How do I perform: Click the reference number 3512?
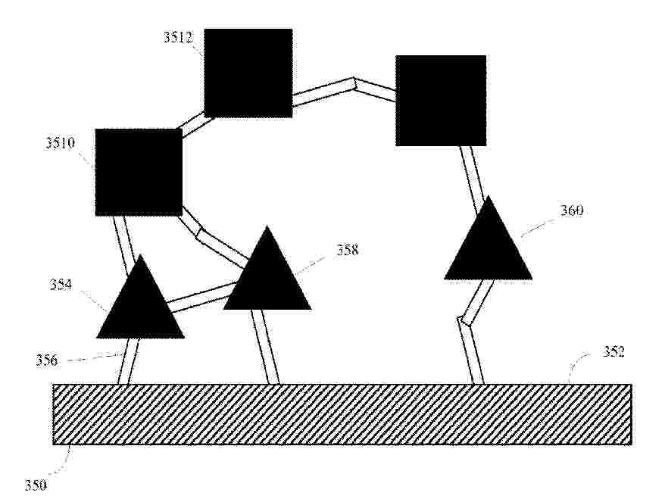pos(178,37)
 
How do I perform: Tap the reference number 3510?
pos(61,143)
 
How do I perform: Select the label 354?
pos(61,285)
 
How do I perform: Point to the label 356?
pos(47,360)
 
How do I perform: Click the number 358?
pos(348,250)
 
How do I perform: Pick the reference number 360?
pos(572,211)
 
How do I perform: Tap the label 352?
pos(613,352)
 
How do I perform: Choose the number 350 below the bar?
pos(36,485)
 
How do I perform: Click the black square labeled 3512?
pos(248,73)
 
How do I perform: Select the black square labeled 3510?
pos(139,172)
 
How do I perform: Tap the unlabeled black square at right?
pos(441,101)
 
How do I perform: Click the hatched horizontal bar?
pos(342,414)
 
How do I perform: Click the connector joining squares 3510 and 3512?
pos(193,123)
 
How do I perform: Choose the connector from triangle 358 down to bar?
pos(264,347)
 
